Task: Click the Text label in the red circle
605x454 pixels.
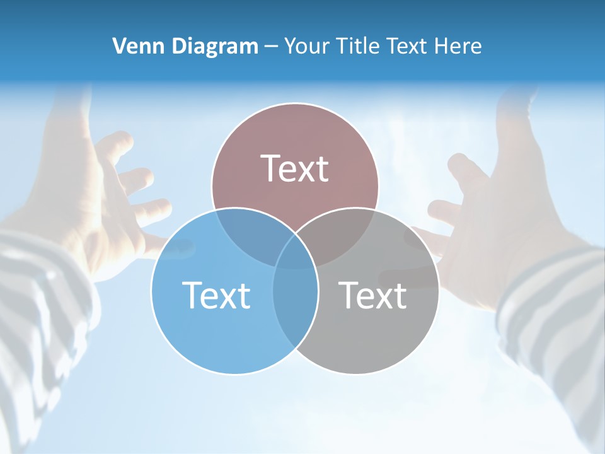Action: point(294,168)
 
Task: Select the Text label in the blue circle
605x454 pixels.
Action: point(216,294)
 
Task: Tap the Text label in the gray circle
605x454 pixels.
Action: point(372,294)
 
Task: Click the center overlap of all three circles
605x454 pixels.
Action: point(295,252)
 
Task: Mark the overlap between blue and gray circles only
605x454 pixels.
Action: point(295,303)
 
